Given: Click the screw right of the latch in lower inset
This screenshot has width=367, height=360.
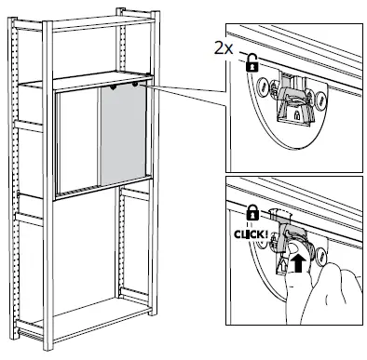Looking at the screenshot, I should click(x=319, y=254).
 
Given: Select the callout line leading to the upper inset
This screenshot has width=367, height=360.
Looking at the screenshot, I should click(x=186, y=97).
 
